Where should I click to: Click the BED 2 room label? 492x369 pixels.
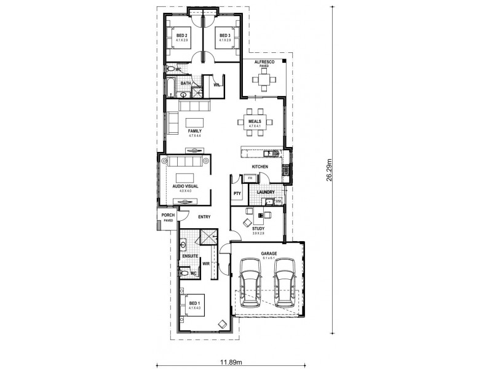coord(181,36)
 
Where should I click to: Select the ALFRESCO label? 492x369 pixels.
coord(264,62)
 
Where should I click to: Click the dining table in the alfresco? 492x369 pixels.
coord(264,79)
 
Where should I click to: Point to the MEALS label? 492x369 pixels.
coord(255,122)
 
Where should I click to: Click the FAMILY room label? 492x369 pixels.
coord(195,131)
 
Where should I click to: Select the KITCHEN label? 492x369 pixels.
coord(260,167)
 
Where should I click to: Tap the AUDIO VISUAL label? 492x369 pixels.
coord(185,186)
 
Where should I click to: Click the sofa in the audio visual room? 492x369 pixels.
coord(185,162)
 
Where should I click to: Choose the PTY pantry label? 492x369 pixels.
coord(237,194)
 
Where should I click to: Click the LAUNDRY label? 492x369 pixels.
coord(266,192)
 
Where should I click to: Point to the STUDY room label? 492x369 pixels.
coord(258,228)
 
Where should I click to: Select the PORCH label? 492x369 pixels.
coord(168,215)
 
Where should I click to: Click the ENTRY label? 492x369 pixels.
coord(204,216)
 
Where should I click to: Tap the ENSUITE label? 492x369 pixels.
coord(190,255)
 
